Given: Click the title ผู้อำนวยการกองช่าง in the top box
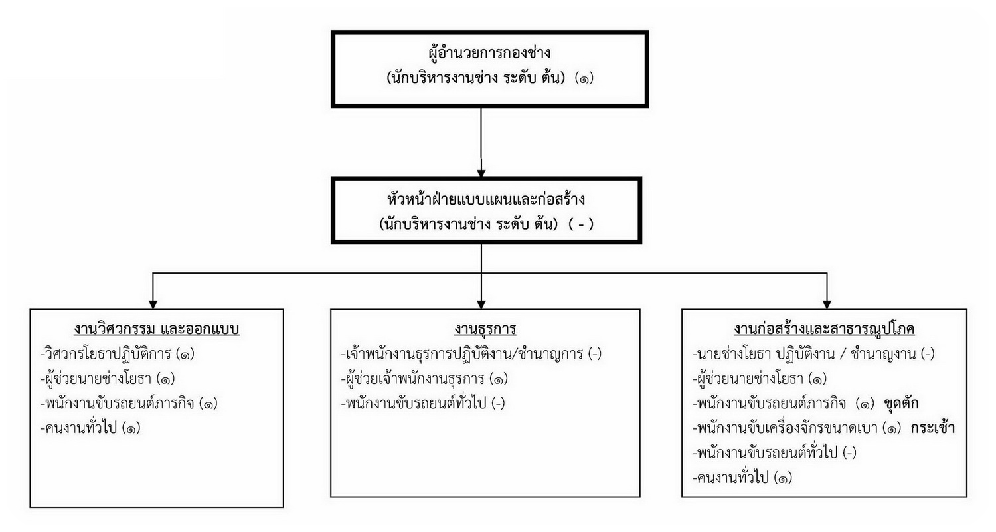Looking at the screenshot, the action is pos(489,53).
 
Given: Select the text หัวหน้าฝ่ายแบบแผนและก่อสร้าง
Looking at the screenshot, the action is pos(487,198).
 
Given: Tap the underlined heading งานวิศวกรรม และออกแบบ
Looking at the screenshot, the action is pos(157,329).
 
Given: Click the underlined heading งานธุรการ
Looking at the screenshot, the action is pos(485,329).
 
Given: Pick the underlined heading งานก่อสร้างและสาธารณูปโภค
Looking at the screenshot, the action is pos(824,329).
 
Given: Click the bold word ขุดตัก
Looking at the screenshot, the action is pos(901,403).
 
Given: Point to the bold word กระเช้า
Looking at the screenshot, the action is pos(933,428).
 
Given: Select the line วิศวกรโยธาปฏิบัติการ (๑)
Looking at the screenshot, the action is pos(118,354).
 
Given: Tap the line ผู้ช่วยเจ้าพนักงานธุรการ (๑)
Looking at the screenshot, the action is pos(425,379).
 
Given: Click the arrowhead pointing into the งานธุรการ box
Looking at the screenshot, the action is pos(481,305).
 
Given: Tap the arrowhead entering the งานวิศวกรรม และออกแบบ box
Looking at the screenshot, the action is pos(153,305).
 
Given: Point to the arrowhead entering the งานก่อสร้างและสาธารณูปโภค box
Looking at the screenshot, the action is pos(827,305).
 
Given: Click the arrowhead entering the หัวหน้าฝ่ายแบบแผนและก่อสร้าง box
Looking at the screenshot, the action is pos(481,173).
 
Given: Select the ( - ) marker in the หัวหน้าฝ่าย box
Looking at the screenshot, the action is pos(581,224).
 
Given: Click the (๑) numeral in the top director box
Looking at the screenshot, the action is pos(584,79).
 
